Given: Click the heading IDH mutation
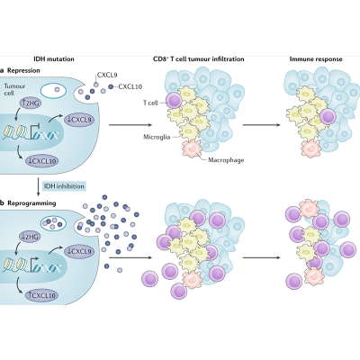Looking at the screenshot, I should point(43,58).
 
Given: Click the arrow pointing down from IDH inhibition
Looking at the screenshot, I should point(38,187).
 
